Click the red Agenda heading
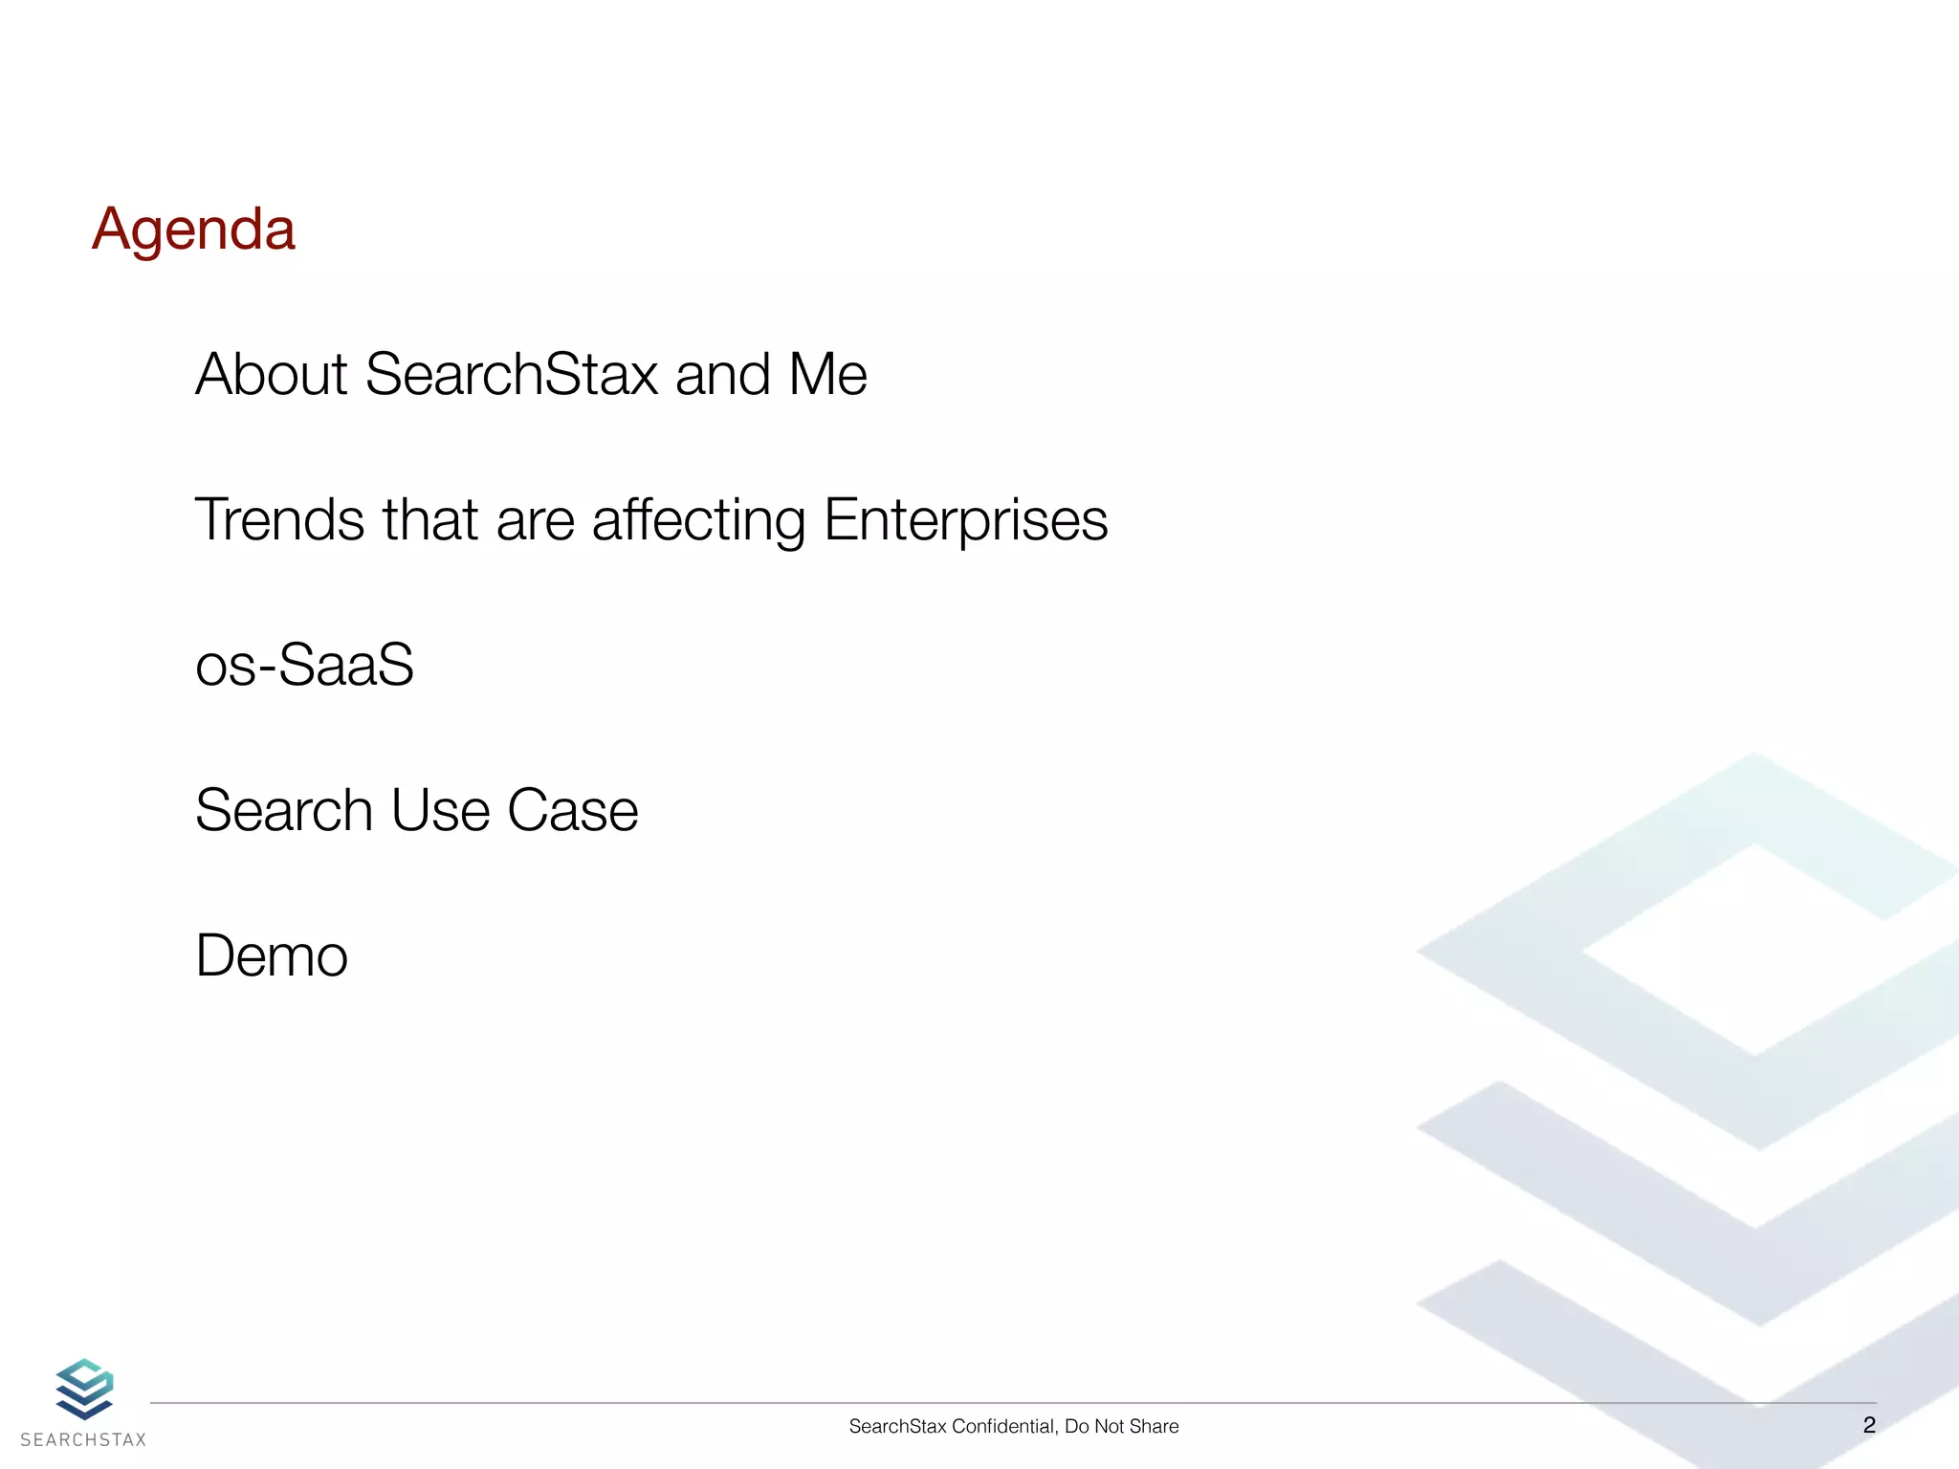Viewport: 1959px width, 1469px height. pyautogui.click(x=193, y=230)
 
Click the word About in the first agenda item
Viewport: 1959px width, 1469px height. pyautogui.click(x=271, y=374)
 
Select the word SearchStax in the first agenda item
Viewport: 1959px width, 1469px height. pyautogui.click(x=512, y=374)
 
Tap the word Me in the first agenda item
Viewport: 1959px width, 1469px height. pyautogui.click(x=827, y=374)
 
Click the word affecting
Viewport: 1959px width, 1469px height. pyautogui.click(x=698, y=522)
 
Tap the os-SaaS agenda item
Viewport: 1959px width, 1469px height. pyautogui.click(x=304, y=665)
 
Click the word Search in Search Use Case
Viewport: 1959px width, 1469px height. pyautogui.click(x=283, y=811)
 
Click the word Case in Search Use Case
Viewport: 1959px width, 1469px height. pyautogui.click(x=572, y=811)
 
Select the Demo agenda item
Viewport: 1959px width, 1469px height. pyautogui.click(x=272, y=956)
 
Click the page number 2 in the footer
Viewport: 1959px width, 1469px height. pyautogui.click(x=1869, y=1425)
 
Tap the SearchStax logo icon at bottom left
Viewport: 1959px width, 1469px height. pyautogui.click(x=84, y=1389)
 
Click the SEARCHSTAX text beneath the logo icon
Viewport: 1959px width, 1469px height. pyautogui.click(x=83, y=1440)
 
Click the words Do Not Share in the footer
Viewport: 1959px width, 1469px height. pyautogui.click(x=1121, y=1427)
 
